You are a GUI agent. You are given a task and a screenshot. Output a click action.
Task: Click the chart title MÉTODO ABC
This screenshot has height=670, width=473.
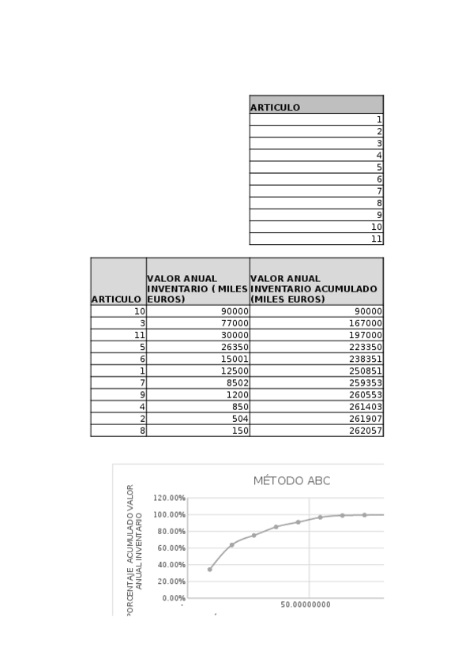[x=291, y=480]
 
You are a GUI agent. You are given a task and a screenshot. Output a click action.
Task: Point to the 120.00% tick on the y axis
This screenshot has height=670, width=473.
[x=170, y=498]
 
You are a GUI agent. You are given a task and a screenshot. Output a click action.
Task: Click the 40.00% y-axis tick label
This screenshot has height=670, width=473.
[x=171, y=565]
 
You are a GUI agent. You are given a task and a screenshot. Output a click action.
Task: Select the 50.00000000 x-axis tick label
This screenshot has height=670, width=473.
[x=306, y=604]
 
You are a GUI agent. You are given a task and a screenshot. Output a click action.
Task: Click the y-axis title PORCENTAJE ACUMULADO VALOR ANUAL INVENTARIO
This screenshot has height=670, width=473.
[x=135, y=549]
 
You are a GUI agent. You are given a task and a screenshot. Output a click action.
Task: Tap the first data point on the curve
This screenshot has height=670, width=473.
[x=209, y=569]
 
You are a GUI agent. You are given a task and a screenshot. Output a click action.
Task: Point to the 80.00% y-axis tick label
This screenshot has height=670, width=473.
[x=171, y=531]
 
